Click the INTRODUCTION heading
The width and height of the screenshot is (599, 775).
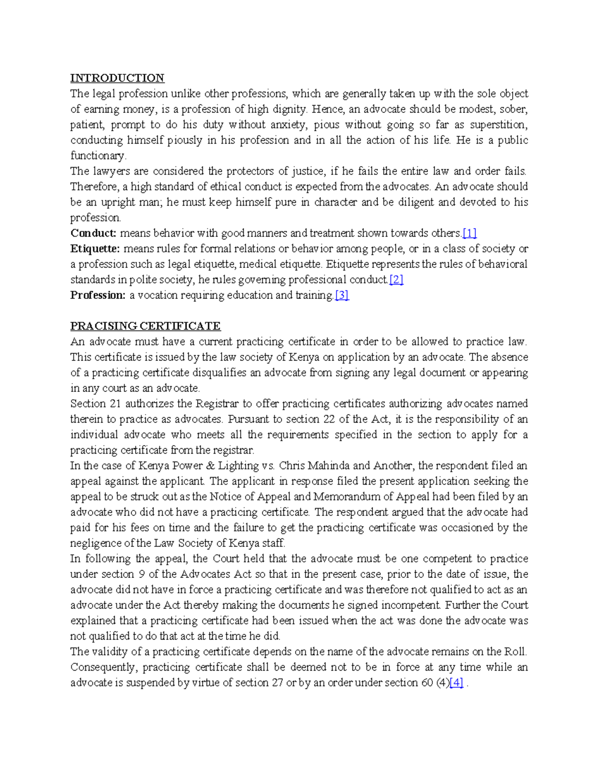click(117, 78)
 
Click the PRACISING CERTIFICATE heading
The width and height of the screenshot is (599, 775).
click(145, 326)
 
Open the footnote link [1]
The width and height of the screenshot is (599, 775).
click(470, 233)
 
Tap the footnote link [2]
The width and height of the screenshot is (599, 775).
click(396, 279)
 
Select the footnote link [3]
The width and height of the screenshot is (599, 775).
click(342, 295)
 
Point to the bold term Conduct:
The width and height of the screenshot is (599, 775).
click(93, 233)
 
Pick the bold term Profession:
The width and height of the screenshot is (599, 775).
click(98, 295)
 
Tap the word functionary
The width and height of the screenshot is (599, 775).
click(98, 156)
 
